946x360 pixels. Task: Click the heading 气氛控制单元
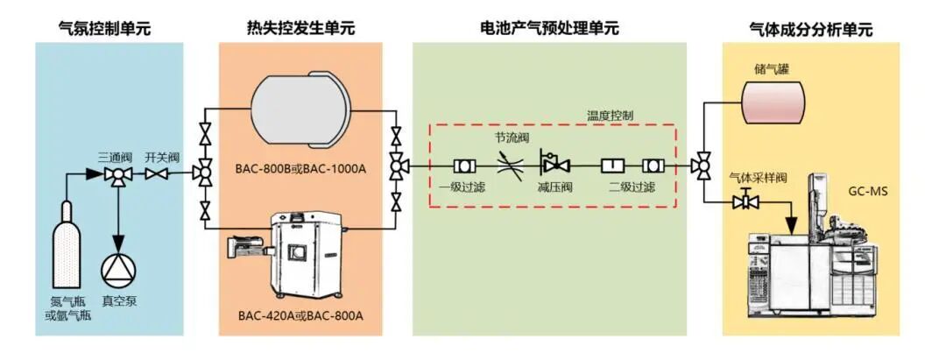click(105, 28)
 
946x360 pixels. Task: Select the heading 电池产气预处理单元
click(550, 28)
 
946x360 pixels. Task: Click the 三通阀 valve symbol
click(115, 175)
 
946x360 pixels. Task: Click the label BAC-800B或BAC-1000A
click(300, 166)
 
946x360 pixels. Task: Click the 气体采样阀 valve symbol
click(746, 203)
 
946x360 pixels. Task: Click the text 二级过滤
click(631, 187)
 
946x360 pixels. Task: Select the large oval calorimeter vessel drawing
click(300, 110)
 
